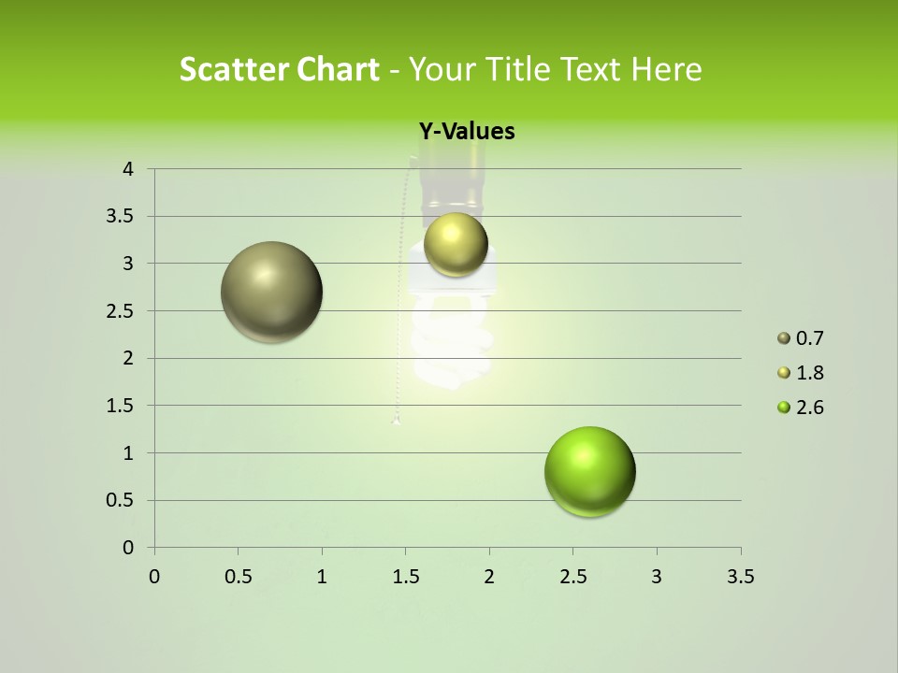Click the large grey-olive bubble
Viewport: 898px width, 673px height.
tap(272, 292)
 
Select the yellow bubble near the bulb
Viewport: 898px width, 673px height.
tap(456, 244)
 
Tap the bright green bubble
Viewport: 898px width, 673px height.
tap(589, 472)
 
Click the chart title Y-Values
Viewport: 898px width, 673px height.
tap(466, 132)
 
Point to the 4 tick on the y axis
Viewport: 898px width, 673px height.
tap(128, 169)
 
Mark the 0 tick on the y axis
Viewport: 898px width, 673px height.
tap(128, 548)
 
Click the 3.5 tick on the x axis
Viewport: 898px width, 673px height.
tap(740, 578)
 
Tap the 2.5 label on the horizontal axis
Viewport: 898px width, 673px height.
tap(572, 578)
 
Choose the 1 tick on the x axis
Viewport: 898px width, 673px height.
tap(322, 578)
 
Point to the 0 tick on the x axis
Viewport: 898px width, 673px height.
tap(154, 578)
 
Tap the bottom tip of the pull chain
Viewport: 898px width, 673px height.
tap(397, 421)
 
